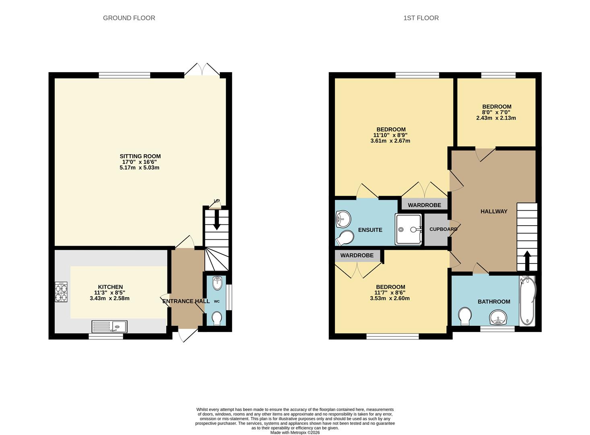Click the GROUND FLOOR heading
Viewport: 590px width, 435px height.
click(129, 18)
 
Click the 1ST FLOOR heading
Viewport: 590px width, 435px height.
click(421, 18)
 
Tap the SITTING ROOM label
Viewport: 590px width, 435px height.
click(140, 156)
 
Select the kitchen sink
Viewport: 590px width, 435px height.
click(109, 326)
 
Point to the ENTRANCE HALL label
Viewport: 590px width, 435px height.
click(186, 301)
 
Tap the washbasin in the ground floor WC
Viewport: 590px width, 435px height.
click(217, 283)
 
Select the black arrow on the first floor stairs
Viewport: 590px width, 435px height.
click(526, 260)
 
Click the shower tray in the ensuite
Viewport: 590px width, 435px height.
click(409, 229)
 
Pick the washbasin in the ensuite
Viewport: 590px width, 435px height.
click(343, 219)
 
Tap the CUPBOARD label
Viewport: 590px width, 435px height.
click(443, 229)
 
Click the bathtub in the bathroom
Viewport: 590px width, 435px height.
click(527, 301)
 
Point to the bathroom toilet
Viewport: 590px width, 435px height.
click(465, 316)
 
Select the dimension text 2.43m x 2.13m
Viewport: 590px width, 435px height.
click(496, 118)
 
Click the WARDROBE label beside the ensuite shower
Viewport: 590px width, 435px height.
click(424, 205)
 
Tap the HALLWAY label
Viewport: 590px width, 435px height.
click(494, 211)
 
